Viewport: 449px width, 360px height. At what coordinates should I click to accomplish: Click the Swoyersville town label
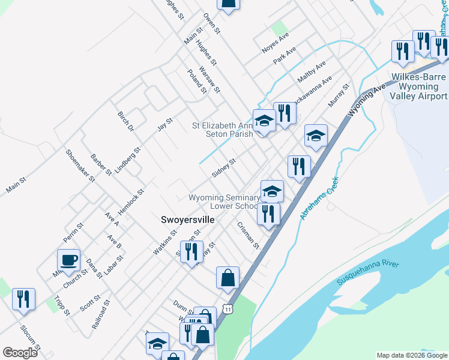click(188, 220)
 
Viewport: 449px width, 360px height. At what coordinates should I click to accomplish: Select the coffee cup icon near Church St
click(68, 260)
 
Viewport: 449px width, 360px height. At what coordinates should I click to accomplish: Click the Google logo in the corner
click(20, 353)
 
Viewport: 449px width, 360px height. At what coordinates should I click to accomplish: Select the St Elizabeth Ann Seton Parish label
click(223, 130)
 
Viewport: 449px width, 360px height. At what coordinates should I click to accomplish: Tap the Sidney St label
click(224, 168)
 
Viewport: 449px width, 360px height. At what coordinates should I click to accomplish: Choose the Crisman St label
click(248, 236)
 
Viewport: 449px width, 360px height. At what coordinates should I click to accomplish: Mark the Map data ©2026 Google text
click(412, 355)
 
